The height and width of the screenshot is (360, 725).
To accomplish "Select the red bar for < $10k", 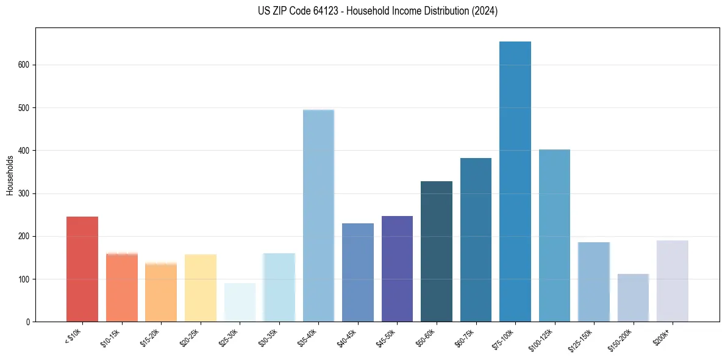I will click(82, 269).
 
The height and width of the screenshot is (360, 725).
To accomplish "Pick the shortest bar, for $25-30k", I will click(240, 302).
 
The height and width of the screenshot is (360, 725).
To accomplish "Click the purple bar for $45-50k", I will click(397, 268).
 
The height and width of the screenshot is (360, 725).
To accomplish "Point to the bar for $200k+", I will click(673, 281).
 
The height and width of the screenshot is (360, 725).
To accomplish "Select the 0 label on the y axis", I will click(28, 322).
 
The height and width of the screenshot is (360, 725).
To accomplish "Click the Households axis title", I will click(10, 175).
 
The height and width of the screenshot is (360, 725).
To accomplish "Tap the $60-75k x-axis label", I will click(465, 337).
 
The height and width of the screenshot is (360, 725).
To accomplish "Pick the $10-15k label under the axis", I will click(110, 337).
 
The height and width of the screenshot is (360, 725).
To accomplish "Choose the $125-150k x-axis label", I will click(581, 339).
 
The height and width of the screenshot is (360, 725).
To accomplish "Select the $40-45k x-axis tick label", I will click(346, 337).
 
